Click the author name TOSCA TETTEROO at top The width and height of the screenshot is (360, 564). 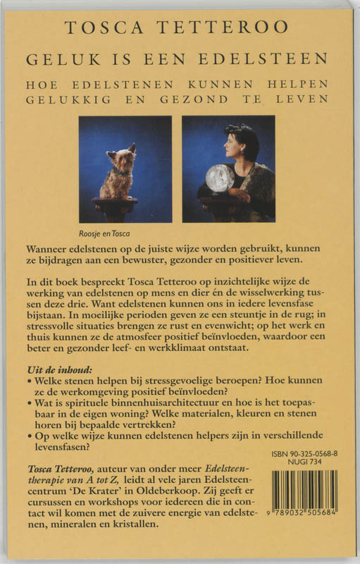[x=177, y=27]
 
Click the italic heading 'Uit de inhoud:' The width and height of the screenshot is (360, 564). [x=54, y=372]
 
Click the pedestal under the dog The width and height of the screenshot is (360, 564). [x=116, y=209]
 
